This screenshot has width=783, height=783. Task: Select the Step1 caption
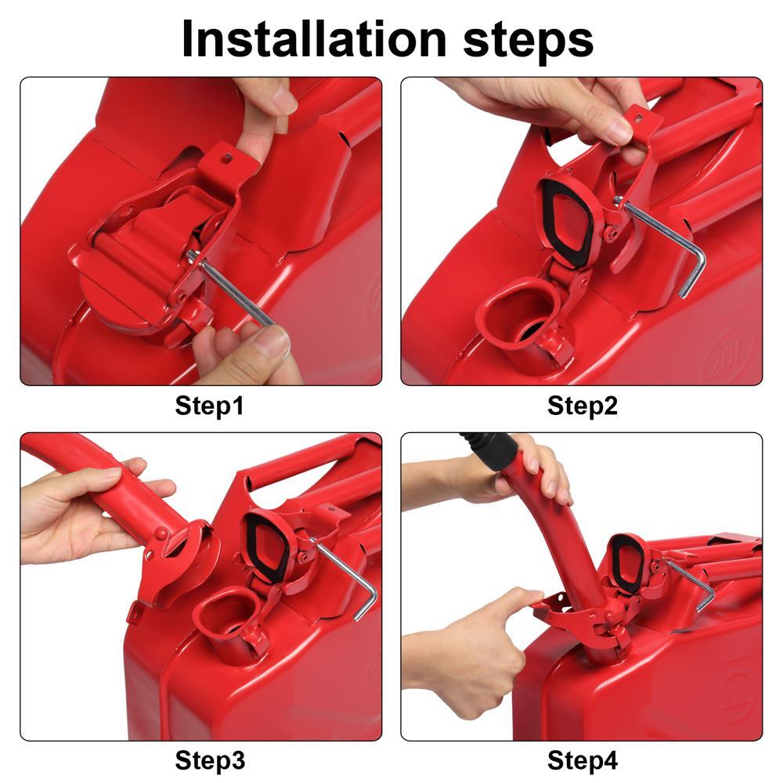coord(209,406)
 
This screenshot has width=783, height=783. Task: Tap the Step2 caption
coord(582,406)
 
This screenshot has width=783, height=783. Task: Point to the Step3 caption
coord(209,760)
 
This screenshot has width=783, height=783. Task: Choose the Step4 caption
coord(582,760)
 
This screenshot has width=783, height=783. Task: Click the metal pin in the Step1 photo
coord(235,290)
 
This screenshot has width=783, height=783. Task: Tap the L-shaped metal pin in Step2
coord(673,243)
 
